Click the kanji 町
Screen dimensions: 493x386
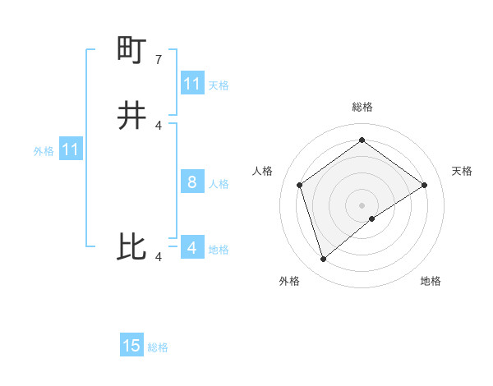pyautogui.click(x=132, y=51)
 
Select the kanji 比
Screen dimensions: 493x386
pyautogui.click(x=132, y=247)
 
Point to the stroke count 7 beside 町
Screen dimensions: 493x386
pyautogui.click(x=159, y=60)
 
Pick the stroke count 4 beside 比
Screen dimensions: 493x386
pyautogui.click(x=159, y=257)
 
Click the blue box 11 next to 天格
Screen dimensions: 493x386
pyautogui.click(x=192, y=84)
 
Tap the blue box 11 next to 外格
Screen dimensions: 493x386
pyautogui.click(x=70, y=150)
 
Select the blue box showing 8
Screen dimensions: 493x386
pyautogui.click(x=192, y=182)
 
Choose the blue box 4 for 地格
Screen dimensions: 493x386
pyautogui.click(x=192, y=247)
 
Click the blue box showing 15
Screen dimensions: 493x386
pyautogui.click(x=131, y=346)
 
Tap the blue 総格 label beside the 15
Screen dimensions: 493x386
pyautogui.click(x=158, y=347)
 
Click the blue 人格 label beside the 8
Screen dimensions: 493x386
pyautogui.click(x=219, y=184)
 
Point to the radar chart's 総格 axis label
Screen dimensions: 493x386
pyautogui.click(x=362, y=107)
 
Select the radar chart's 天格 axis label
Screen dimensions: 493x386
pyautogui.click(x=462, y=171)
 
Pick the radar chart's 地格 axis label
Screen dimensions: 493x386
pyautogui.click(x=431, y=282)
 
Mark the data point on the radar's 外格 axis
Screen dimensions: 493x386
pyautogui.click(x=323, y=260)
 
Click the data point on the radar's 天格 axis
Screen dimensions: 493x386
pyautogui.click(x=425, y=185)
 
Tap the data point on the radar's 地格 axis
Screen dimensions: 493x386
pyautogui.click(x=372, y=218)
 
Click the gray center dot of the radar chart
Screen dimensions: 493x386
pyautogui.click(x=362, y=204)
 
